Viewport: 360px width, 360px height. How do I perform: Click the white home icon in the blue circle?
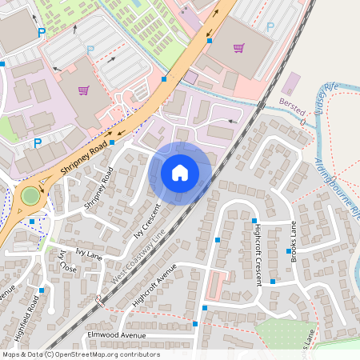click(x=180, y=172)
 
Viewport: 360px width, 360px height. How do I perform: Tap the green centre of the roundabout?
click(x=30, y=194)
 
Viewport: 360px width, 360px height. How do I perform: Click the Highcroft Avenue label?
click(x=154, y=285)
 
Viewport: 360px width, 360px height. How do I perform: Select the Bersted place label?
click(x=292, y=111)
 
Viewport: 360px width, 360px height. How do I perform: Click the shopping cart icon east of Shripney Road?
click(x=238, y=48)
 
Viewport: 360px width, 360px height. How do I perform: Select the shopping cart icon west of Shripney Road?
click(x=83, y=90)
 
